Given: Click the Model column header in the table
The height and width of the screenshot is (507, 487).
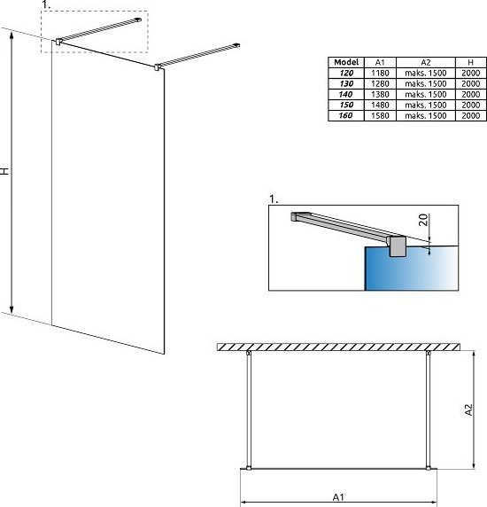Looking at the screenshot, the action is (346, 62).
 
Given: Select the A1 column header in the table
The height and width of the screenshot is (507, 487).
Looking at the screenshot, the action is (380, 62).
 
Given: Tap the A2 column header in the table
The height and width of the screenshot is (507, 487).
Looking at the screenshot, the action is (426, 62).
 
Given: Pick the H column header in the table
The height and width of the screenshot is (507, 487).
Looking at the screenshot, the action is (470, 62).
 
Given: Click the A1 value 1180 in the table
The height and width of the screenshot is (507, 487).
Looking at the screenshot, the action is (380, 73).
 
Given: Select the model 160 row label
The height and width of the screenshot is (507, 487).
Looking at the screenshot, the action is (345, 115).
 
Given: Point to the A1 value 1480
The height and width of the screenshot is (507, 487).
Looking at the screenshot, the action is (380, 105).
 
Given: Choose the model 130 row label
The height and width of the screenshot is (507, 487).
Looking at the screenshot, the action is (346, 83).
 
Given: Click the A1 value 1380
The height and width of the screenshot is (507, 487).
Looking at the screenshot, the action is (380, 94).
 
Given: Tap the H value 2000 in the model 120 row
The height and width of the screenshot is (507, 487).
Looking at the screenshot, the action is (470, 73).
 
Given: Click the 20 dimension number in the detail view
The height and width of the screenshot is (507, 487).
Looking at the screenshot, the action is (423, 220).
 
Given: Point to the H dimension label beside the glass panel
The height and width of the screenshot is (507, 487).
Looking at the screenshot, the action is (4, 171).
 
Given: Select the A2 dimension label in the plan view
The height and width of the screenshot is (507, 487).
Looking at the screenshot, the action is (468, 409).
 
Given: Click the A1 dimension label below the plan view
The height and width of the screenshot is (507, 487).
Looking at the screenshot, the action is (338, 497).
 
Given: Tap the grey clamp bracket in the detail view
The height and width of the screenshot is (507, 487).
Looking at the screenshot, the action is (397, 246).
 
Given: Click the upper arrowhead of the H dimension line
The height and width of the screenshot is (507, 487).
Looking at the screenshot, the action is (12, 35).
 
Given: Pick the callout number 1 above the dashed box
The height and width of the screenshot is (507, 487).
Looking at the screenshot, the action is (46, 4).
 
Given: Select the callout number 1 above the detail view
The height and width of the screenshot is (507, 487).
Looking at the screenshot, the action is (274, 199).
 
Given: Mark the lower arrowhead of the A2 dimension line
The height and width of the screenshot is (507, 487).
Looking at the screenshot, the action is (474, 465).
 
